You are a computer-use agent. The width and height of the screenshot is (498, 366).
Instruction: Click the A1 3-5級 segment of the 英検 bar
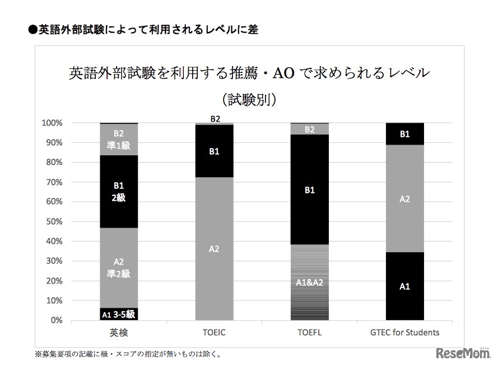pos(119,314)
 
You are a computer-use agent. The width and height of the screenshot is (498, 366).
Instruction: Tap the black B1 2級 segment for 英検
pos(119,192)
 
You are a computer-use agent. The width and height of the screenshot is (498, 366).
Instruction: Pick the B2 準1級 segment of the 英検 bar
pos(119,139)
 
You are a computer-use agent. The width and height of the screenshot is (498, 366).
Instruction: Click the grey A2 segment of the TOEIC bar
pos(214,249)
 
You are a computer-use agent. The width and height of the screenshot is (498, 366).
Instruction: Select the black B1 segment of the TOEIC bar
pos(214,151)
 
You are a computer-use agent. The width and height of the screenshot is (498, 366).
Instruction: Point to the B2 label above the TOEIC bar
pos(215,119)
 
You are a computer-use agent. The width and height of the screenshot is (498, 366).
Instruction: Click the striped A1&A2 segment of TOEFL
pos(309,282)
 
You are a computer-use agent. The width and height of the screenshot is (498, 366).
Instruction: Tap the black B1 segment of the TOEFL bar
pos(309,190)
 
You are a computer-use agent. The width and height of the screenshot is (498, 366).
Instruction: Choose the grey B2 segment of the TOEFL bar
pos(309,129)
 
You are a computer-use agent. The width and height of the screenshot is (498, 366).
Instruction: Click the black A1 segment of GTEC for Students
pos(404,286)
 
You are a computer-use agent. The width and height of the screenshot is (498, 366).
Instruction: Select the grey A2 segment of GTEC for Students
pos(404,198)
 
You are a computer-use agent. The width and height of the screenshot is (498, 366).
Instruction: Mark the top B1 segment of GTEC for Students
pos(404,134)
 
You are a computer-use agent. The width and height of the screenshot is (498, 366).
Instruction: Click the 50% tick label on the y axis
pos(54,221)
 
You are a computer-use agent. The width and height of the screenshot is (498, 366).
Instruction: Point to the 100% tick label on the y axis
pos(52,123)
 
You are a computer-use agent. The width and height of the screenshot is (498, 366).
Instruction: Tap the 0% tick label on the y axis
pos(56,321)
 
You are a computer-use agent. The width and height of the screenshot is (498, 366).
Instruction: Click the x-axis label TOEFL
pos(309,332)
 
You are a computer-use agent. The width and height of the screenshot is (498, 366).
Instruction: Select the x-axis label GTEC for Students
pos(404,332)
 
